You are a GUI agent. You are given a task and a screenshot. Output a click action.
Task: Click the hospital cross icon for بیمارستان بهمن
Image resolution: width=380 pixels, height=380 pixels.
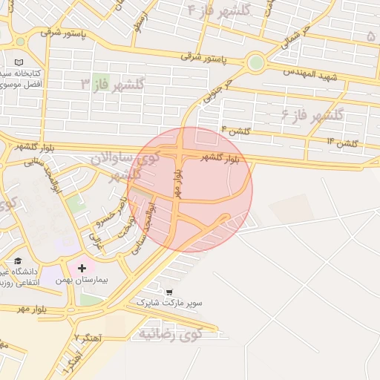82,267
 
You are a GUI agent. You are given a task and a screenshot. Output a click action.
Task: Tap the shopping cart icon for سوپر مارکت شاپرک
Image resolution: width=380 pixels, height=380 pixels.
170,292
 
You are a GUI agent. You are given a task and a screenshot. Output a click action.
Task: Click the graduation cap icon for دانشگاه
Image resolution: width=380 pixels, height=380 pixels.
17,261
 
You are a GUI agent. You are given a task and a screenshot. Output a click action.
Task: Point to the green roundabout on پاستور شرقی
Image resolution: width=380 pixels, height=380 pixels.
255,62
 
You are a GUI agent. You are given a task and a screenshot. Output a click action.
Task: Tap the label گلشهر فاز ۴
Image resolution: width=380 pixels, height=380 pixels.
220,10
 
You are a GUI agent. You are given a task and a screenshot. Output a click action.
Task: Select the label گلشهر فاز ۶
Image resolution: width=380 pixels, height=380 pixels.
312,114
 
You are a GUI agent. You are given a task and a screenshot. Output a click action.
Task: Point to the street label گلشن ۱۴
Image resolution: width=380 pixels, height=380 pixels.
342,141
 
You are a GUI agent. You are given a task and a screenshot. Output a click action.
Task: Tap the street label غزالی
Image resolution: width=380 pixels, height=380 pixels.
94,240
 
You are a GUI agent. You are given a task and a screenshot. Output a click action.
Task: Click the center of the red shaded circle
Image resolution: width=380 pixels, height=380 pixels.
190,189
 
